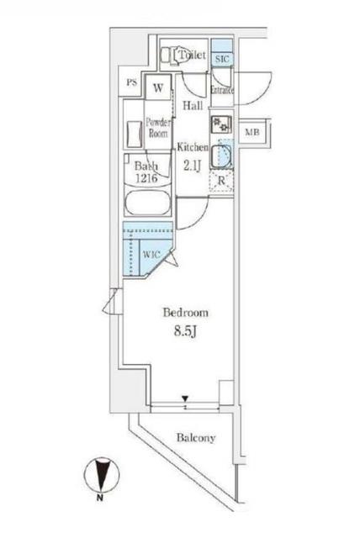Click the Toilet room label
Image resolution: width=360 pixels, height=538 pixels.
click(193, 55)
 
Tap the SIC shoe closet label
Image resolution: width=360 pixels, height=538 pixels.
click(221, 59)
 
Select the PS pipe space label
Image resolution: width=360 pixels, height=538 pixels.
click(131, 82)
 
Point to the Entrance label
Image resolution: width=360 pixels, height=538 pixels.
click(222, 90)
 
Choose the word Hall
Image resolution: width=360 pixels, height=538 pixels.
click(193, 106)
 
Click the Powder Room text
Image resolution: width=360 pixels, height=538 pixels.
click(158, 126)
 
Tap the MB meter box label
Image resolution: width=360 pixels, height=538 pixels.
click(251, 133)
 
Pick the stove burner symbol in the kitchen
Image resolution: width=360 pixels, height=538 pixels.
click(221, 124)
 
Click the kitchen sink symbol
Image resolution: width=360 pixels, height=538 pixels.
click(221, 156)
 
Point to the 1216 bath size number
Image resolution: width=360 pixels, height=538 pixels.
click(147, 178)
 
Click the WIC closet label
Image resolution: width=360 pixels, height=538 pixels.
click(151, 255)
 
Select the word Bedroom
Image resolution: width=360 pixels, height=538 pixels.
click(185, 312)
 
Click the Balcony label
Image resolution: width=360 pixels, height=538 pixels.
click(196, 438)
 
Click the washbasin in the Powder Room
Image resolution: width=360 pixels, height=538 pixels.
click(132, 134)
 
